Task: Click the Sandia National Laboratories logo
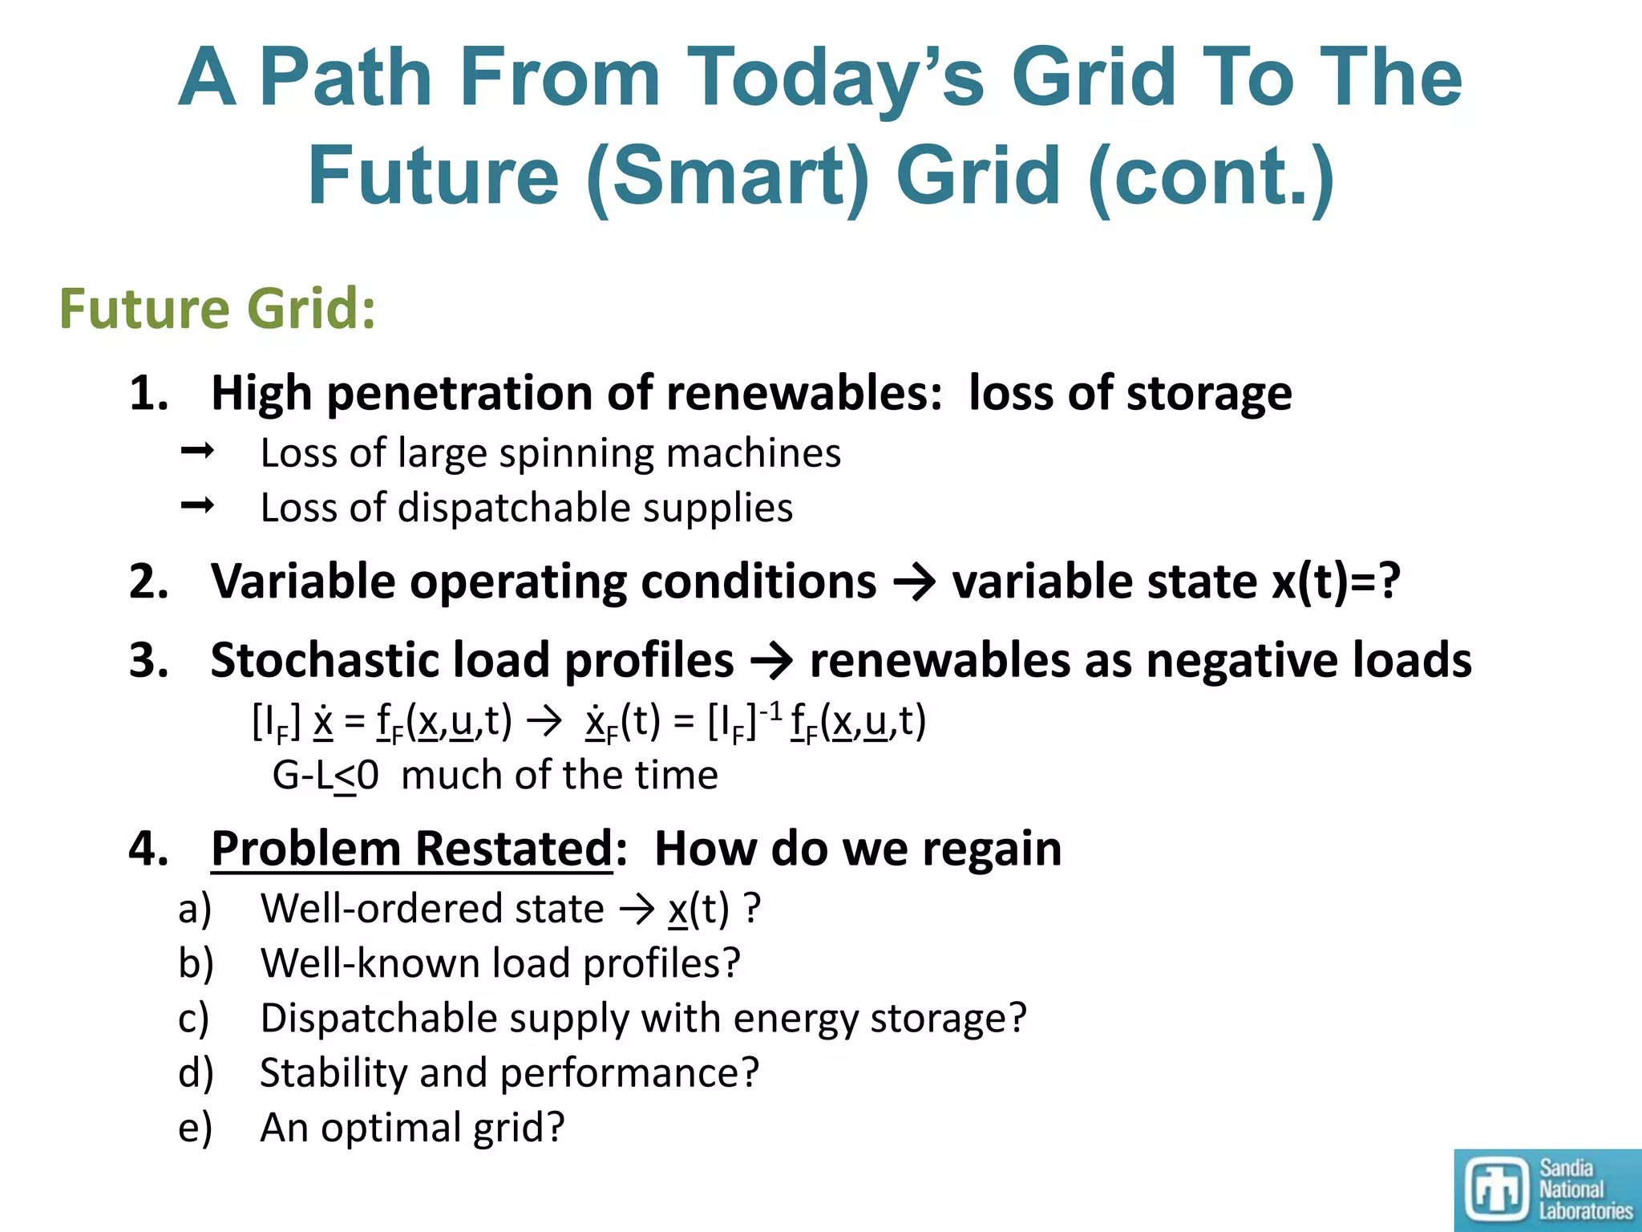(x=1547, y=1189)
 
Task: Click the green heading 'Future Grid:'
(x=217, y=309)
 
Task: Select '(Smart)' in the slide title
(x=728, y=176)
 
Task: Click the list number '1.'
(x=150, y=394)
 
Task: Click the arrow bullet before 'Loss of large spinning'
(x=197, y=452)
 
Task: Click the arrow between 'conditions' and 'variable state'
(x=914, y=582)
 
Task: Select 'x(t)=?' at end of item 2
(x=1336, y=581)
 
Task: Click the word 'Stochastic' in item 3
(x=325, y=660)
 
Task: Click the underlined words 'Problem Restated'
(x=411, y=849)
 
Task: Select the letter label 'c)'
(x=194, y=1019)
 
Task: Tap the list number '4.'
(x=150, y=849)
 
